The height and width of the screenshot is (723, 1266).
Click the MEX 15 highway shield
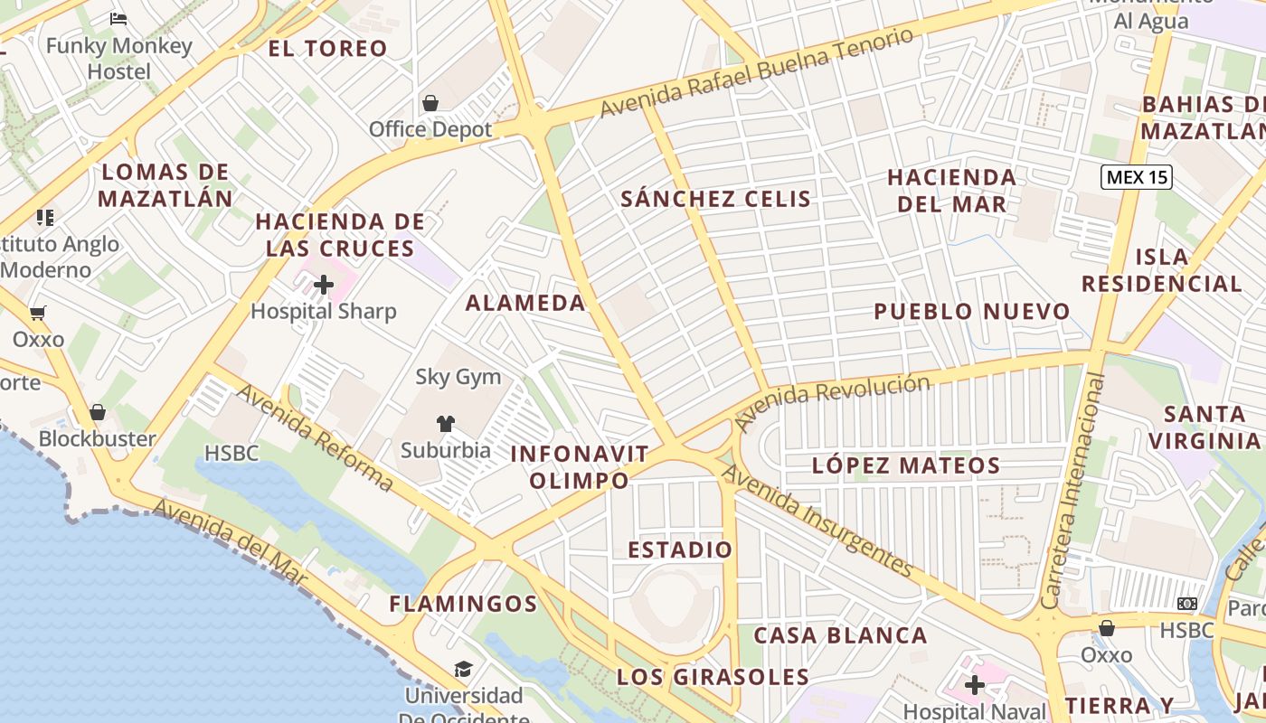[x=1137, y=177]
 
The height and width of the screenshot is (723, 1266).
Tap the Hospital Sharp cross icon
[x=324, y=286]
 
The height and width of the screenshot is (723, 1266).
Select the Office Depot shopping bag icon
[x=430, y=103]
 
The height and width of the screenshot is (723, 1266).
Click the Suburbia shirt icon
[x=445, y=423]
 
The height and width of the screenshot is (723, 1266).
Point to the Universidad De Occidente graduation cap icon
[x=463, y=669]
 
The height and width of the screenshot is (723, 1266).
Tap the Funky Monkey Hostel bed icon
[x=118, y=18]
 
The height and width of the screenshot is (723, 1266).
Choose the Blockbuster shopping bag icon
[x=98, y=412]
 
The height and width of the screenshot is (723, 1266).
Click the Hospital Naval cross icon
[x=974, y=685]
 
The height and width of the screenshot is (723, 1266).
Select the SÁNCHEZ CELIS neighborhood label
[x=715, y=199]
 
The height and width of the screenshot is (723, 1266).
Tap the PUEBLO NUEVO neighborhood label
[x=971, y=312]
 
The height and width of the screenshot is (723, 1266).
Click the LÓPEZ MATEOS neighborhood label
[x=906, y=466]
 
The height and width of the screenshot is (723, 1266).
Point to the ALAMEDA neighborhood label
[x=525, y=303]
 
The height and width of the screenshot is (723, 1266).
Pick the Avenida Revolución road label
[x=831, y=400]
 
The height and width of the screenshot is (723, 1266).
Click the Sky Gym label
[x=458, y=377]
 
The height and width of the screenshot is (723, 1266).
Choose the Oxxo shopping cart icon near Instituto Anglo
[x=37, y=314]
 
